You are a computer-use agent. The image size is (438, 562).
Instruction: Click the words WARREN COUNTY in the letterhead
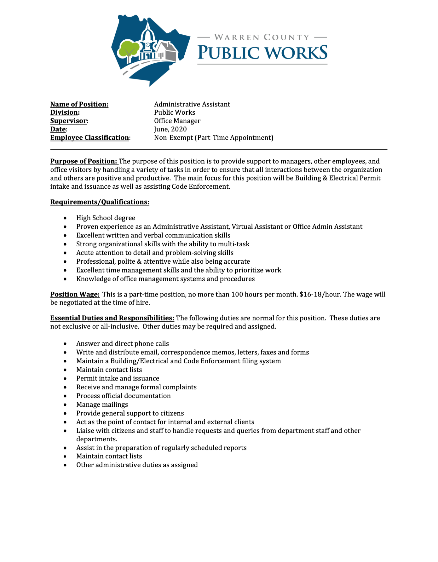tap(262, 37)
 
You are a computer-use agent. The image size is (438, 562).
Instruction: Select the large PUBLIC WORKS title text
tap(262, 53)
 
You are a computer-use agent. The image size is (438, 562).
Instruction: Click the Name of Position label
tap(79, 104)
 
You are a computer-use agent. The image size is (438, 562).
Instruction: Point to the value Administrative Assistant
tap(192, 104)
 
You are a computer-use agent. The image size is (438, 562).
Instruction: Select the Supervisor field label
tap(68, 121)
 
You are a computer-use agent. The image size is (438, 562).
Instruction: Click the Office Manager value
tap(177, 121)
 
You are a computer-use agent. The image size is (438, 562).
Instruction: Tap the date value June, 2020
tap(170, 129)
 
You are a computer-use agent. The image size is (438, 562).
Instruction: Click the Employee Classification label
tap(89, 138)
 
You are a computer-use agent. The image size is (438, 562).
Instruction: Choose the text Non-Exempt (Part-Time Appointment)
tap(214, 138)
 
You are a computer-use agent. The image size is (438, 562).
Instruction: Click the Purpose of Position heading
tap(84, 161)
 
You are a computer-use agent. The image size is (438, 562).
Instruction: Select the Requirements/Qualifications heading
tap(100, 202)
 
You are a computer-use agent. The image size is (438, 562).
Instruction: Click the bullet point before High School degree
tap(65, 218)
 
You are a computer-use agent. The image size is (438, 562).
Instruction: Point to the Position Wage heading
tap(75, 294)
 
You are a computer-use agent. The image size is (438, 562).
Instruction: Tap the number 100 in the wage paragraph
tap(238, 294)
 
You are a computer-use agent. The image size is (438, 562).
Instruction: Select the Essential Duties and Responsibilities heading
tap(112, 318)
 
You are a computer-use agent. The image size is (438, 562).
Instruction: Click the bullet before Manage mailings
tap(65, 405)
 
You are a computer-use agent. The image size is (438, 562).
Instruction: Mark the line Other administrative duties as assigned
tap(137, 465)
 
